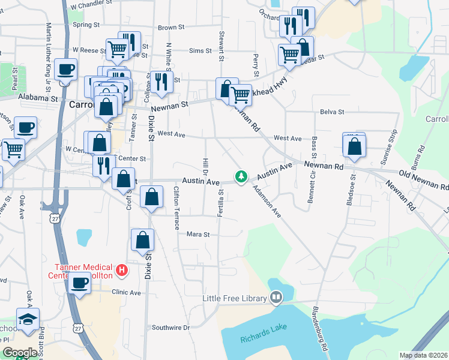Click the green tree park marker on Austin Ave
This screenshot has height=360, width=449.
pos(241,177)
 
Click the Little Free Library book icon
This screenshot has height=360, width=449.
pos(276,296)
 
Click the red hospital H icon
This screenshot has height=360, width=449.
pos(122,270)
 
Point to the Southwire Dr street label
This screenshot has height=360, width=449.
pos(170,328)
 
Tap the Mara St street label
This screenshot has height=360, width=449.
pos(197,235)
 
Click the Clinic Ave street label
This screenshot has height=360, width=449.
pos(126,293)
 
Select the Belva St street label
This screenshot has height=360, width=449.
pos(332,112)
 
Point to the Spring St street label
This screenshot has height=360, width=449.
pos(86,25)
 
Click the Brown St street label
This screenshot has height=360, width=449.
pos(171,28)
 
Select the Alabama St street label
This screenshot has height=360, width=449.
pos(37,97)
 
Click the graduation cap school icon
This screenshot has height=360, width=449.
pos(28,319)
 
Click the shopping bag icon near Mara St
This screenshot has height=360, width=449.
pos(143,240)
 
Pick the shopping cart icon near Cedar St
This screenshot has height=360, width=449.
pos(290,55)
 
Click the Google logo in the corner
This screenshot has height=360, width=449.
pos(20,353)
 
